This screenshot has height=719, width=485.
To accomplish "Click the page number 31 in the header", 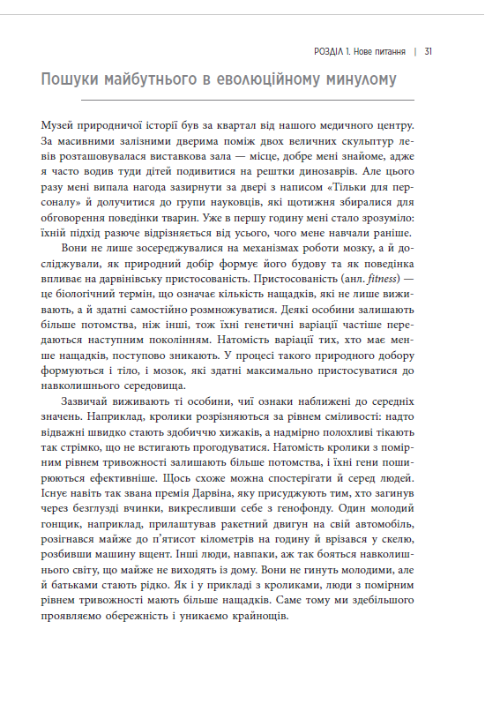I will tap(428, 50).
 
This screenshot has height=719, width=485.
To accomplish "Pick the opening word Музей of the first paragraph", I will tap(60, 125).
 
